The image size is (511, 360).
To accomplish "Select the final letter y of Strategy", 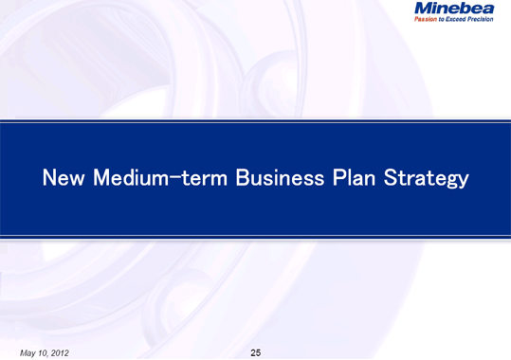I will click(x=462, y=180).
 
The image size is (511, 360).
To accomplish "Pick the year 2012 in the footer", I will click(x=58, y=353).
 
